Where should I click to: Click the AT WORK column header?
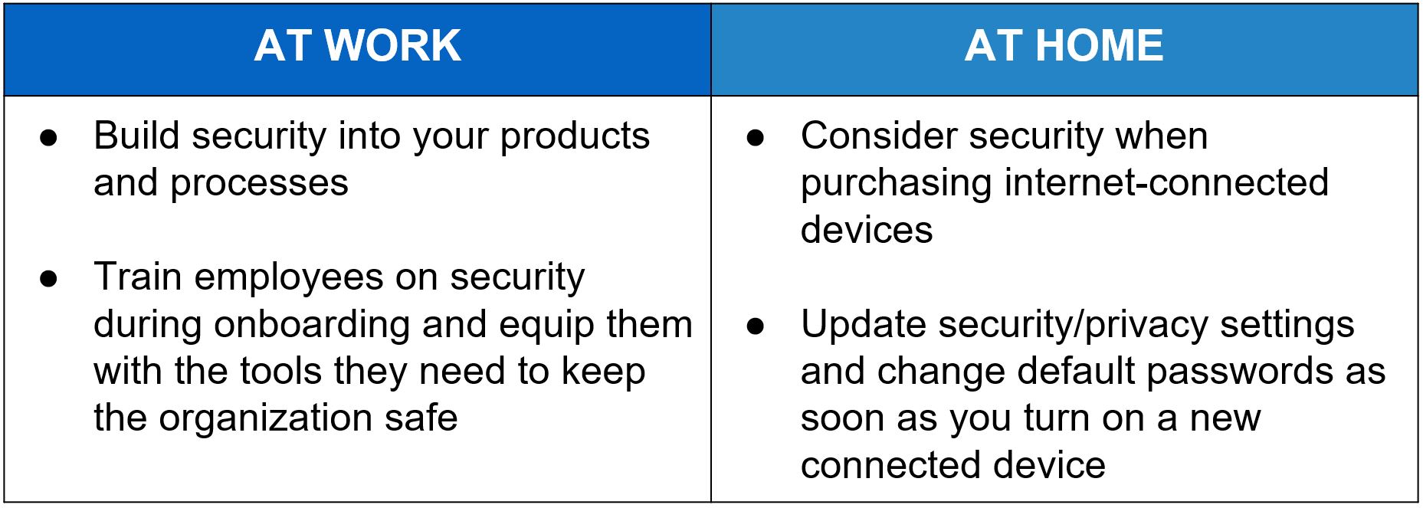[357, 46]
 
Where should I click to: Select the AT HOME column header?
[1064, 46]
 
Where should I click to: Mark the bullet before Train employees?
[49, 279]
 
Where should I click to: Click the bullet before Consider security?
[756, 138]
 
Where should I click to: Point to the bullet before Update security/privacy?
[756, 326]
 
